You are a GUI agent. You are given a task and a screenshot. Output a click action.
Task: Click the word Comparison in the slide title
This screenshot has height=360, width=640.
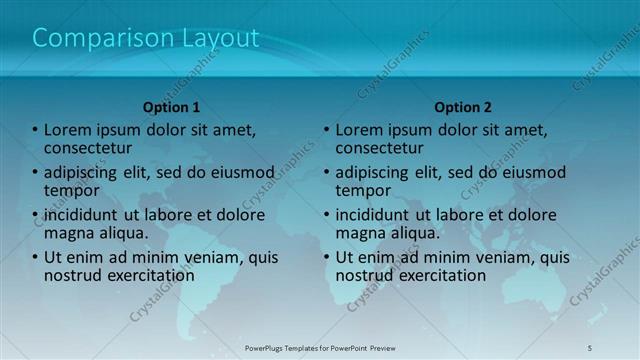(x=95, y=39)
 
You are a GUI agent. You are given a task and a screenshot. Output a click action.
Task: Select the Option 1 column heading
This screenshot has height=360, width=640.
(x=171, y=107)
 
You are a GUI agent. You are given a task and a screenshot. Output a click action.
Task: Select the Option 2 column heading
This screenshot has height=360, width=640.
(x=463, y=107)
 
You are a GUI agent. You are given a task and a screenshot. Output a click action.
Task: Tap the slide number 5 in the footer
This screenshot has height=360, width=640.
(x=590, y=347)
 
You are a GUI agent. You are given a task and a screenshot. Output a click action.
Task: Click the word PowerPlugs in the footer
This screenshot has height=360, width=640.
(x=270, y=347)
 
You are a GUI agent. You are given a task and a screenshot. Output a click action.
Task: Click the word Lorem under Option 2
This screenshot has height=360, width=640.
(x=360, y=129)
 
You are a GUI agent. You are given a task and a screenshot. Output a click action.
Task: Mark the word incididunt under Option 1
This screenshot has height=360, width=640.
(x=86, y=214)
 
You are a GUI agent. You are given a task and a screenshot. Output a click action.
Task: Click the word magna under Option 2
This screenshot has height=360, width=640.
(x=362, y=233)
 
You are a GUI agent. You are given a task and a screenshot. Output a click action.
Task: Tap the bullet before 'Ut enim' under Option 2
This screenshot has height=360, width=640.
(x=327, y=257)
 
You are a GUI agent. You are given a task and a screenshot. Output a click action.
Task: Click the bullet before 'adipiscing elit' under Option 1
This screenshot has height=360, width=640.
(x=35, y=172)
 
